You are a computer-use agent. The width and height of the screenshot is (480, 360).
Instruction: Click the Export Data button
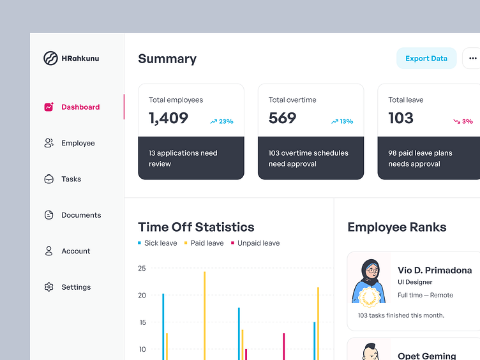click(x=426, y=58)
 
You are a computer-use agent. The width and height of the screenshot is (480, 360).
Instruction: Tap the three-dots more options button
click(x=472, y=58)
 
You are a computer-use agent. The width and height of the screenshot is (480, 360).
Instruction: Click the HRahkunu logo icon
click(x=50, y=58)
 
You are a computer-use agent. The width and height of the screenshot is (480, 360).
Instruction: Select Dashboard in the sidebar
click(x=80, y=107)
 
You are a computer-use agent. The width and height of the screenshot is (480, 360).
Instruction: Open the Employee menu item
click(x=78, y=143)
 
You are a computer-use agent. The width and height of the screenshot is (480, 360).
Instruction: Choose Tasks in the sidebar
click(x=71, y=179)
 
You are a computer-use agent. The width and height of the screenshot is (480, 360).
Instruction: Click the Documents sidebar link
click(x=81, y=215)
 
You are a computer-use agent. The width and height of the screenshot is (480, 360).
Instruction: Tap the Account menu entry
click(x=75, y=251)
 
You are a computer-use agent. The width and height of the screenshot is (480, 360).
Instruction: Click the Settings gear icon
click(x=49, y=287)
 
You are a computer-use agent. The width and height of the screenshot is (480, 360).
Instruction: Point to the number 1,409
click(x=169, y=118)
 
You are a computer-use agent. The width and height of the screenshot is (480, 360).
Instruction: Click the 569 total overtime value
click(x=282, y=118)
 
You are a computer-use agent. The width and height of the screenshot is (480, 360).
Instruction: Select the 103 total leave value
click(x=401, y=118)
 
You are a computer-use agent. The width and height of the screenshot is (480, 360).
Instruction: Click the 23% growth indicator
click(x=221, y=121)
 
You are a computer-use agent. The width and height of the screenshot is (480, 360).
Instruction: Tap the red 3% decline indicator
click(x=463, y=121)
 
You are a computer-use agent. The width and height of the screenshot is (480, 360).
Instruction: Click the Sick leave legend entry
click(x=158, y=243)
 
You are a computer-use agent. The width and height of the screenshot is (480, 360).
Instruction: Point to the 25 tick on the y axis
click(x=142, y=269)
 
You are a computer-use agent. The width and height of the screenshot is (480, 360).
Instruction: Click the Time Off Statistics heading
click(x=196, y=227)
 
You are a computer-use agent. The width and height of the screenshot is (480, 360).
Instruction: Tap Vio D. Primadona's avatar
click(x=369, y=281)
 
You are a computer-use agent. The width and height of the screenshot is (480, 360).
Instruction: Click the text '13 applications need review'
click(x=183, y=158)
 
